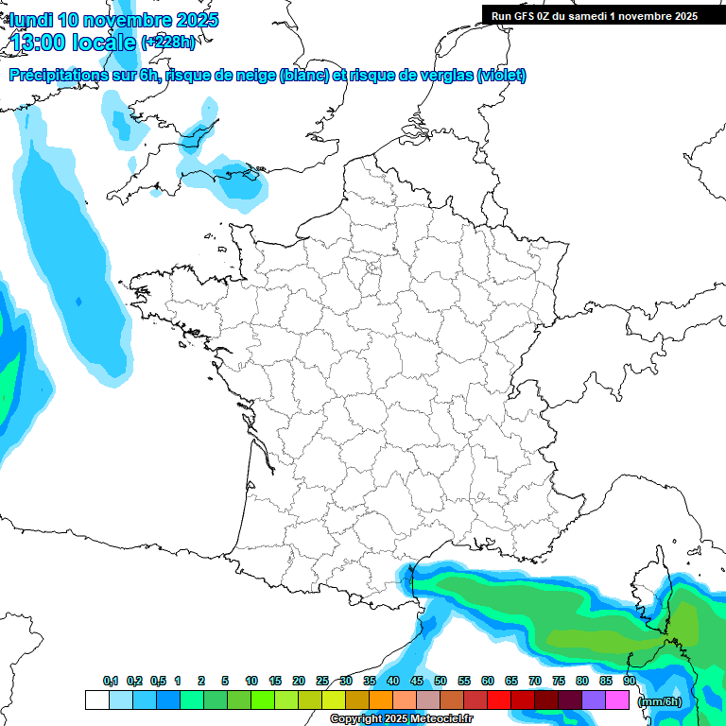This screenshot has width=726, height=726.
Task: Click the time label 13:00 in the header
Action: point(40,42)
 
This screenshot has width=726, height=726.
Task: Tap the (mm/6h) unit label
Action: point(659,700)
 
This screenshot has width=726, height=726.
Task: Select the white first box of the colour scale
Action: point(96,700)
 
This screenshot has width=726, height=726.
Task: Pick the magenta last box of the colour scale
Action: point(617,700)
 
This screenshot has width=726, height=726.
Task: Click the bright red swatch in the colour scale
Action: point(499,700)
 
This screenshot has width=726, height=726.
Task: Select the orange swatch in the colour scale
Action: point(381,700)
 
